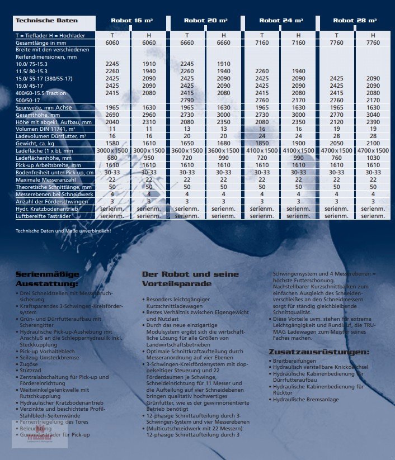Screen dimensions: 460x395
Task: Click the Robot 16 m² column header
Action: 133,21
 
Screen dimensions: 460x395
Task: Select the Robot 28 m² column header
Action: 355,21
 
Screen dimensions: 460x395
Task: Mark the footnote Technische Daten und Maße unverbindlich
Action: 63,231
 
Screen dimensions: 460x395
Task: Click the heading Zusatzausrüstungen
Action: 319,352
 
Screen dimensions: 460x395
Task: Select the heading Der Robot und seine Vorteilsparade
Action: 191,279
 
